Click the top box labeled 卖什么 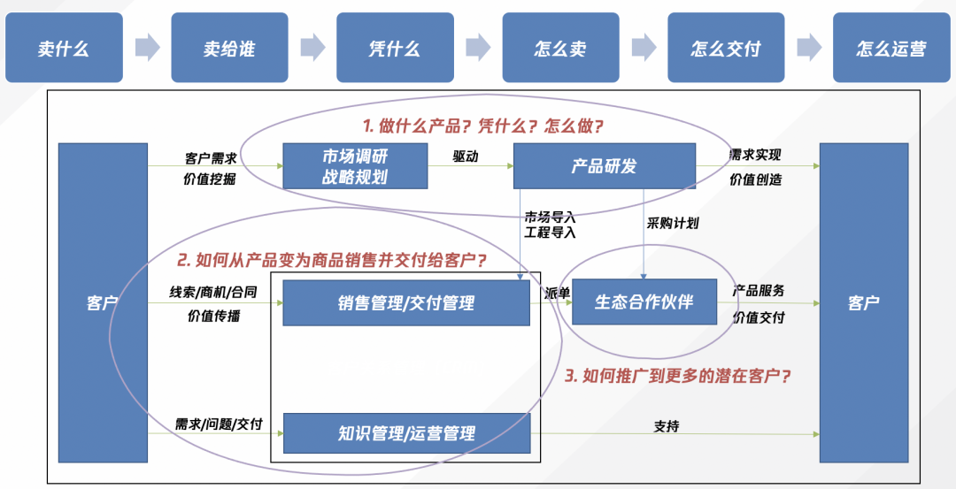point(64,48)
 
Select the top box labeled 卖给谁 point(229,48)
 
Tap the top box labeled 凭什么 point(395,48)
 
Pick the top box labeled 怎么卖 point(560,48)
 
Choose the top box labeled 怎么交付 point(726,48)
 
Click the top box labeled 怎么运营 point(891,48)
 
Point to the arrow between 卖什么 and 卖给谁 point(147,48)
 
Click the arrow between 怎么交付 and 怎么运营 point(809,48)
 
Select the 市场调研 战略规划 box point(355,166)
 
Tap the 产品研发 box point(604,166)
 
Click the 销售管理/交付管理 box point(406,303)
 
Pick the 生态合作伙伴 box point(644,302)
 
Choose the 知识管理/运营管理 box point(406,433)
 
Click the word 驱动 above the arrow point(466,156)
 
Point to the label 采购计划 point(673,223)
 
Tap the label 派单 point(556,293)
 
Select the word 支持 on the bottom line point(667,426)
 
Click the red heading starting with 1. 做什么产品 point(483,126)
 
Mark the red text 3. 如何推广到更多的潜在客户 point(678,376)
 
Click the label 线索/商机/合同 point(213,293)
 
